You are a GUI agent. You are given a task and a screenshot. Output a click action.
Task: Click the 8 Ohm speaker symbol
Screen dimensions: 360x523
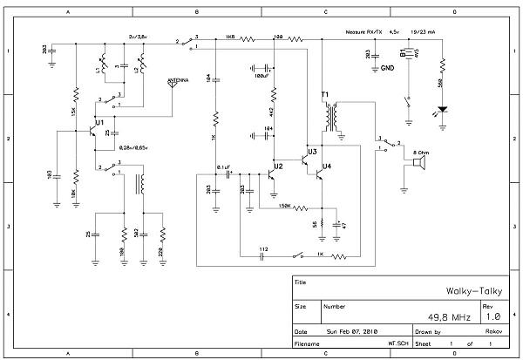418,162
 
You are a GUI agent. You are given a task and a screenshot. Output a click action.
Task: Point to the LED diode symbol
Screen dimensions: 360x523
443,111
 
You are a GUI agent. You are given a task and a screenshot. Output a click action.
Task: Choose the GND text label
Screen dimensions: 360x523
387,67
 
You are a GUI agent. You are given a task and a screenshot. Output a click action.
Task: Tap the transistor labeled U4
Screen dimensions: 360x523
320,174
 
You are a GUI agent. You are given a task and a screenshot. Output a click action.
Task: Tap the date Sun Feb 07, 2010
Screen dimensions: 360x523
353,332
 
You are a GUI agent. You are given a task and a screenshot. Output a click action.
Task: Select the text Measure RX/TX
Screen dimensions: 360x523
363,33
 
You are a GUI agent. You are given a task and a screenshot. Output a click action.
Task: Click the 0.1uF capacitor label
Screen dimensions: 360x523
222,166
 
